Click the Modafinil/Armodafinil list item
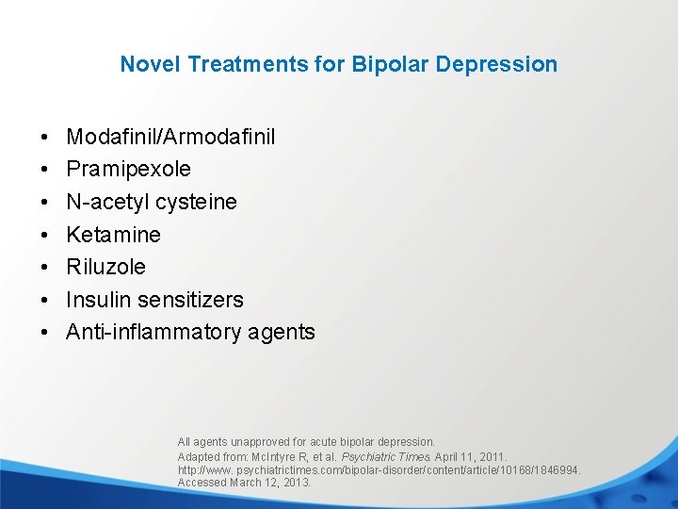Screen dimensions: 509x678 (x=170, y=137)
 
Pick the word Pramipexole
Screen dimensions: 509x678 (x=128, y=170)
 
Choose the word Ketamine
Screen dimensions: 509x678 (x=113, y=235)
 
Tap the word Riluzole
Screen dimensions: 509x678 (x=105, y=267)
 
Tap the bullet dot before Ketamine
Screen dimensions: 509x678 (x=45, y=235)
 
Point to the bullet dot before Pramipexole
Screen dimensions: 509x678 (x=45, y=170)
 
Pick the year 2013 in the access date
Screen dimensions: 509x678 (x=298, y=483)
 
